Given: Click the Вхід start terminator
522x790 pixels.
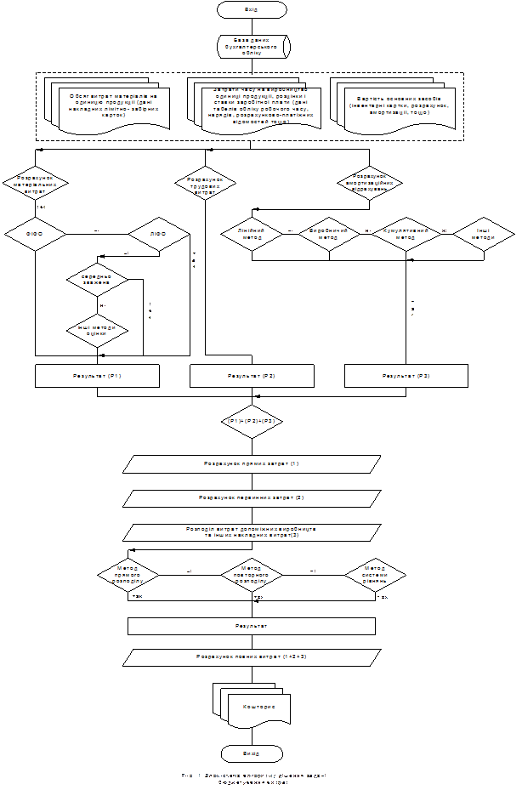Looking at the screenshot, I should (252, 10).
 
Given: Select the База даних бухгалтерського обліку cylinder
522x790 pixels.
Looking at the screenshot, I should (252, 47).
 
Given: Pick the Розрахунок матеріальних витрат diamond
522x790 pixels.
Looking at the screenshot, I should (35, 182).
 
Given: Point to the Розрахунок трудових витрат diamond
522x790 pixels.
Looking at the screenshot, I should (205, 182).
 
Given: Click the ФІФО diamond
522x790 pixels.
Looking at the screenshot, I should (35, 234).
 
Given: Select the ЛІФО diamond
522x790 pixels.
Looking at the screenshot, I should (159, 234).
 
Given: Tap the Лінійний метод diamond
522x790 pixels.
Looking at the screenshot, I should (251, 234).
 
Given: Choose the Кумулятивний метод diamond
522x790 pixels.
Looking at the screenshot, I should (404, 234).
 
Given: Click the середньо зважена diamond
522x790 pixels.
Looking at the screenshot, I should (97, 279).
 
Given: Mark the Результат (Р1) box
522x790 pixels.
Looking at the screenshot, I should (97, 376).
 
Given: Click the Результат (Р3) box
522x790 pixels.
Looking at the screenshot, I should (406, 376).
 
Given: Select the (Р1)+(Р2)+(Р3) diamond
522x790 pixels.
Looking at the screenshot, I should (251, 421).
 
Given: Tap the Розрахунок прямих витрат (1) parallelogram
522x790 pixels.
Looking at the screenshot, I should (252, 464).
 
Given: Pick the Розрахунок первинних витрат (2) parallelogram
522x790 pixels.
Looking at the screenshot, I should (252, 497).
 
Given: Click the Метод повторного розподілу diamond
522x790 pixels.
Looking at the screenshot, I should (252, 575).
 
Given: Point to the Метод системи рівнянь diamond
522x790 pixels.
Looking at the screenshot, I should (375, 575).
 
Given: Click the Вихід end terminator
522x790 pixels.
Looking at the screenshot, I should (252, 753).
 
